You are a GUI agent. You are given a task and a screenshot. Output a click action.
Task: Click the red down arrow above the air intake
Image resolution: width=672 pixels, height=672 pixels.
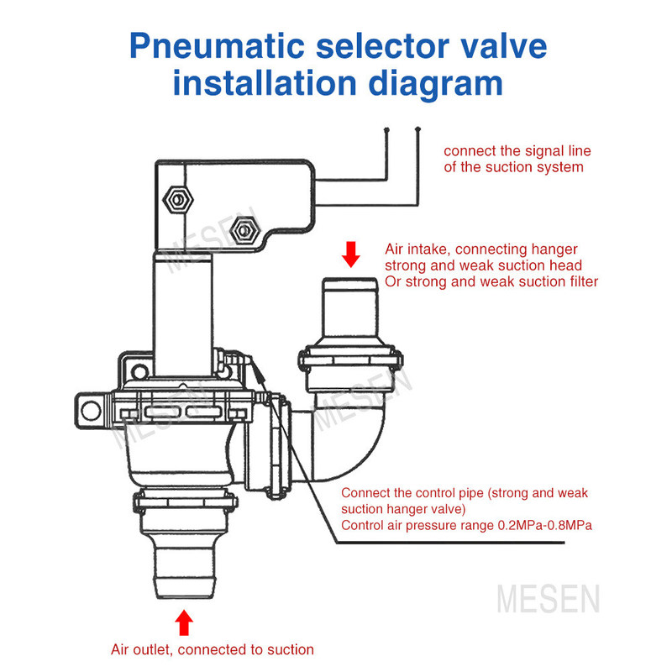pyautogui.click(x=351, y=255)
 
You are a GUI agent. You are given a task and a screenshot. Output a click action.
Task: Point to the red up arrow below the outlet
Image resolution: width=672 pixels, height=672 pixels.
pyautogui.click(x=184, y=622)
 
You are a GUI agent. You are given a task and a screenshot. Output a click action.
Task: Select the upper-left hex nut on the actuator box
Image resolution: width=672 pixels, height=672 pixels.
pyautogui.click(x=178, y=200)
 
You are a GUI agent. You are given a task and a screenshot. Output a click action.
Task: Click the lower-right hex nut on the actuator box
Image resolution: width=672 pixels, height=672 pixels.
pyautogui.click(x=244, y=231)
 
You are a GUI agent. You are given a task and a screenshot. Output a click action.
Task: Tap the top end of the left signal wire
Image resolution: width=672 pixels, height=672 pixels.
pyautogui.click(x=386, y=129)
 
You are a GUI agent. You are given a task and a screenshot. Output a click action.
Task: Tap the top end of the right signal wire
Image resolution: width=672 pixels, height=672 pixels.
pyautogui.click(x=417, y=129)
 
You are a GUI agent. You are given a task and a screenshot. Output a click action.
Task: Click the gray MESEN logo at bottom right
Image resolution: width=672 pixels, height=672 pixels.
pyautogui.click(x=549, y=599)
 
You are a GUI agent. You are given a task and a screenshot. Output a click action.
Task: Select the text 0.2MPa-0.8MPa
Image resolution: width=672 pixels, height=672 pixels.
pyautogui.click(x=544, y=526)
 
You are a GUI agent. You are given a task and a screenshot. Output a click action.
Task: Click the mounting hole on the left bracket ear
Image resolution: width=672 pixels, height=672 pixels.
pyautogui.click(x=92, y=411)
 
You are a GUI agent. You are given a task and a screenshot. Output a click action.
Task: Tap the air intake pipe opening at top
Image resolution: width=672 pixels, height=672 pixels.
pyautogui.click(x=349, y=281)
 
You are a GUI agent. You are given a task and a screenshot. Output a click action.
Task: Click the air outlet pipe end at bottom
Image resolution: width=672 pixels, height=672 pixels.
pyautogui.click(x=184, y=594)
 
